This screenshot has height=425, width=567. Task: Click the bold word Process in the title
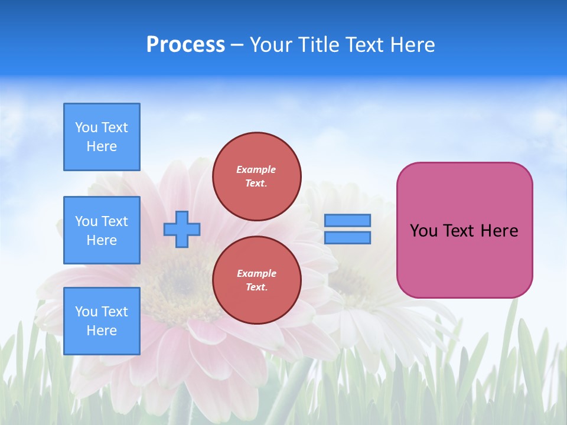click(185, 45)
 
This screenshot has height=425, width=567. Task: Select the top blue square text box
click(102, 137)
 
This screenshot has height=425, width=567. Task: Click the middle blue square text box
click(102, 230)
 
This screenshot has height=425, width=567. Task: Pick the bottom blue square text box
click(102, 321)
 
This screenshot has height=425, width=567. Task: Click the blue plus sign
click(182, 229)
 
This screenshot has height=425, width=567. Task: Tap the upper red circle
click(257, 176)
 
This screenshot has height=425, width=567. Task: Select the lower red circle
click(257, 280)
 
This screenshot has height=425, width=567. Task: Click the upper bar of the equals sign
click(348, 220)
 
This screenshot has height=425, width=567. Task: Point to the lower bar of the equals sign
click(348, 237)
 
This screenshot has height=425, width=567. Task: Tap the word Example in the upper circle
click(256, 169)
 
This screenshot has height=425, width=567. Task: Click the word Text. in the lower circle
click(256, 287)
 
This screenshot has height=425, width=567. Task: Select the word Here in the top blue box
click(102, 146)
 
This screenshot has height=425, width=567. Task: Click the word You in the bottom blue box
click(86, 312)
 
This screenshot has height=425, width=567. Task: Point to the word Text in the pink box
click(459, 231)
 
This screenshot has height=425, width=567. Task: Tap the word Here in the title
click(413, 45)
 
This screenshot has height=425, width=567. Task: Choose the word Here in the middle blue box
click(102, 240)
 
